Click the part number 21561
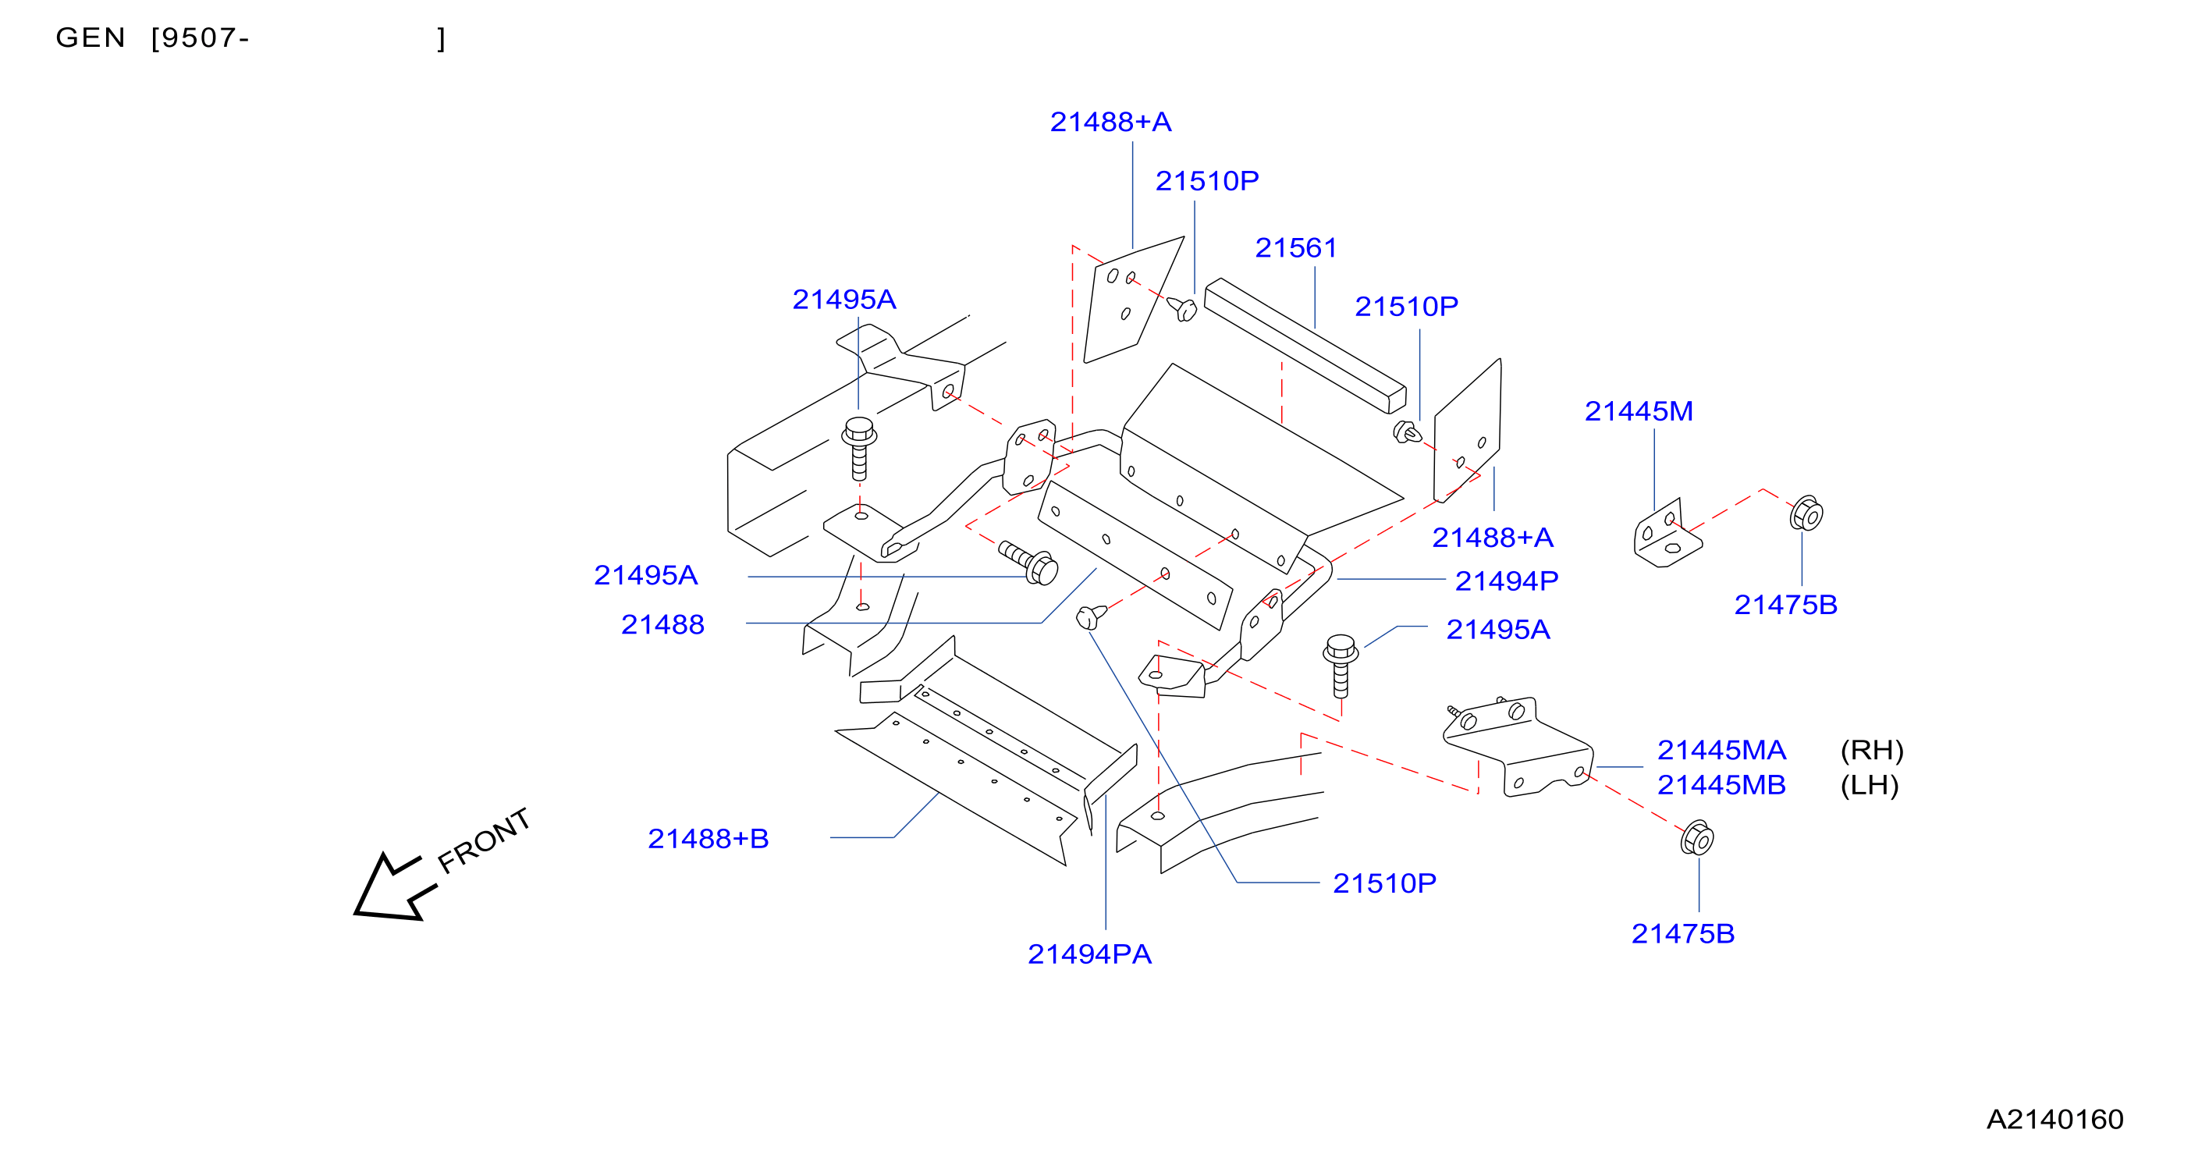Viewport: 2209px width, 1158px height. (x=1296, y=248)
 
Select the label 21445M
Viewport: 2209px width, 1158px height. (x=1639, y=411)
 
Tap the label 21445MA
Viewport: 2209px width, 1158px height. (x=1721, y=750)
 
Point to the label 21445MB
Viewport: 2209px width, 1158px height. (x=1721, y=785)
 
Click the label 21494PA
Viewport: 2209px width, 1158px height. (x=1089, y=954)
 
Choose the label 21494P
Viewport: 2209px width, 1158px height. (x=1506, y=581)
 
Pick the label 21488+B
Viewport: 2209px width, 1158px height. (x=709, y=838)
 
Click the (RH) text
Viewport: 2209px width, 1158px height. (x=1872, y=750)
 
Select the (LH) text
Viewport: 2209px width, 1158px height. (x=1870, y=785)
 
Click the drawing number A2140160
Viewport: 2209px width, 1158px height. (x=2055, y=1118)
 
